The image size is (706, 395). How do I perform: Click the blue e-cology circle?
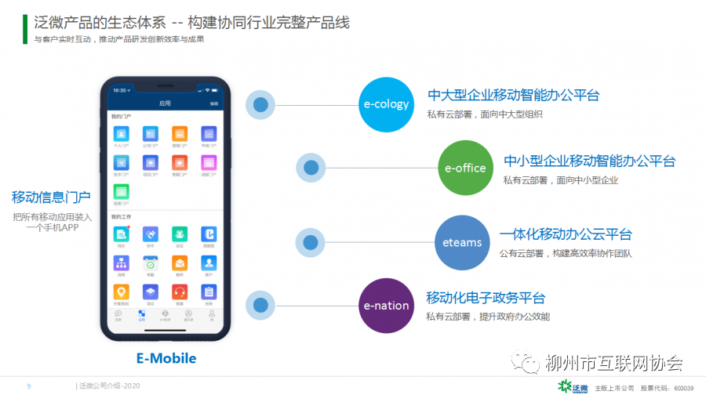(x=388, y=104)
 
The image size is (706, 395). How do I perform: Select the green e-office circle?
(x=465, y=168)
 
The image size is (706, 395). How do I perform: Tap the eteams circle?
(x=462, y=242)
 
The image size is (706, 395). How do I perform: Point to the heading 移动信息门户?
(x=51, y=197)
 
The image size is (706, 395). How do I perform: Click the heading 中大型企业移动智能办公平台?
(x=513, y=96)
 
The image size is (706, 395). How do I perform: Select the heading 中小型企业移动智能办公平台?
(x=589, y=161)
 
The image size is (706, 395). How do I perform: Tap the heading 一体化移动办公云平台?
(x=565, y=234)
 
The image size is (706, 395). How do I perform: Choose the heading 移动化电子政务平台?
(x=486, y=298)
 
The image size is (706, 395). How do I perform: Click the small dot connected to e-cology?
(x=261, y=104)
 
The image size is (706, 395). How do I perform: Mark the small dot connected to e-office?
(x=311, y=168)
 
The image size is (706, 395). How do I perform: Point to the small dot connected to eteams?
(x=311, y=242)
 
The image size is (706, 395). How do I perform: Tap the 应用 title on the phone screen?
(x=165, y=103)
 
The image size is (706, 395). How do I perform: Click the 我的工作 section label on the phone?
(x=121, y=216)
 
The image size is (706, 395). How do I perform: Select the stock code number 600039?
(x=685, y=388)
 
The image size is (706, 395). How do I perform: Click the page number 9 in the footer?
(x=29, y=386)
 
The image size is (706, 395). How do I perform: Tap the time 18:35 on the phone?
(x=119, y=90)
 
